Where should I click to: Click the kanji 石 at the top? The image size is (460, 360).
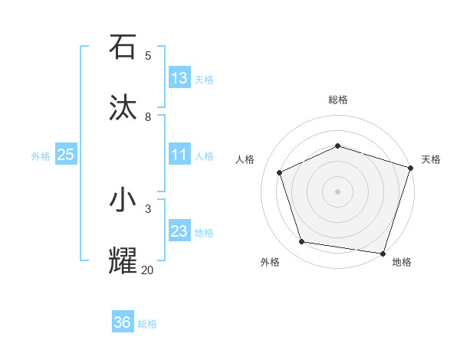tap(123, 47)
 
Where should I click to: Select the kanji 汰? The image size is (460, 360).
tap(123, 108)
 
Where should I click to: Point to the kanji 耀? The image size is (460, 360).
tap(123, 261)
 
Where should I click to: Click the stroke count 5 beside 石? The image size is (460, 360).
tap(148, 55)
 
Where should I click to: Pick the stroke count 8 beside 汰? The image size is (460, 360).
tap(148, 116)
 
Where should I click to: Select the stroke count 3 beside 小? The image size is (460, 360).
tap(148, 208)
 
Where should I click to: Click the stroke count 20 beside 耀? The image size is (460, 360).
tap(148, 270)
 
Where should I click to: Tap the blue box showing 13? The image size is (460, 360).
tap(179, 78)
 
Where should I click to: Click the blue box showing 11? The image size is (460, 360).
tap(179, 155)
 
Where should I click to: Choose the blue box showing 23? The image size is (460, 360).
tap(179, 231)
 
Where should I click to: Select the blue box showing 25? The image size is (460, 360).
tap(66, 155)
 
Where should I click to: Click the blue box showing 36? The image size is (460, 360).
tap(123, 322)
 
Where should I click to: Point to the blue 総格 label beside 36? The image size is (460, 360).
tap(148, 324)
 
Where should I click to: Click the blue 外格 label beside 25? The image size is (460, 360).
tap(41, 156)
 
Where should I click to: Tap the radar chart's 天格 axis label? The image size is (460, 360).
tap(431, 159)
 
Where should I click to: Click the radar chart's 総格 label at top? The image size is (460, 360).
tap(338, 100)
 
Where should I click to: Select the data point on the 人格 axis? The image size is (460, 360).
tap(280, 172)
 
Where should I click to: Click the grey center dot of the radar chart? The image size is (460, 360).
tap(338, 191)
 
